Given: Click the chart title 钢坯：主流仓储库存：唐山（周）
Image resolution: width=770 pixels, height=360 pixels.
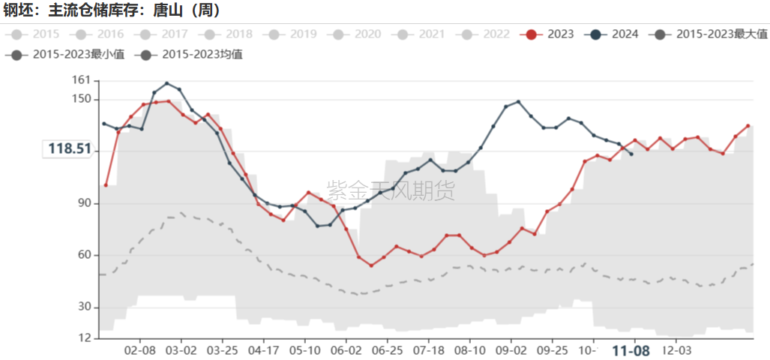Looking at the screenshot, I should click(x=112, y=10).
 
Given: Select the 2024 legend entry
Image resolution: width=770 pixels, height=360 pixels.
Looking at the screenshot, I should click(x=614, y=34).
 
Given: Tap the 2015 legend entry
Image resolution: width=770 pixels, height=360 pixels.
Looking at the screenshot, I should click(x=35, y=34).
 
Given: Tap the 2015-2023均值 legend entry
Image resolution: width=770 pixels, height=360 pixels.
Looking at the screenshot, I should click(x=191, y=54).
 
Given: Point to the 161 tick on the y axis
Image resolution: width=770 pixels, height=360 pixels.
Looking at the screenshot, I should click(x=81, y=80).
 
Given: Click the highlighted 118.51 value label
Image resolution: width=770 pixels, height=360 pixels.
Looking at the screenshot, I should click(x=70, y=149).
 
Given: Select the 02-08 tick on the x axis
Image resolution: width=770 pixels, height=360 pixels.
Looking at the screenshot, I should click(x=140, y=350).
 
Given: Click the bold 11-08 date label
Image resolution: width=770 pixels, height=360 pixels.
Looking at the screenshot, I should click(x=631, y=350).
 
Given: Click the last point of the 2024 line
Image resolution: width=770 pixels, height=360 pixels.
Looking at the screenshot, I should click(x=631, y=154).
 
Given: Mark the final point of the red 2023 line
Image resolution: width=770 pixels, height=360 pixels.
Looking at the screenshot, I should click(x=748, y=125).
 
